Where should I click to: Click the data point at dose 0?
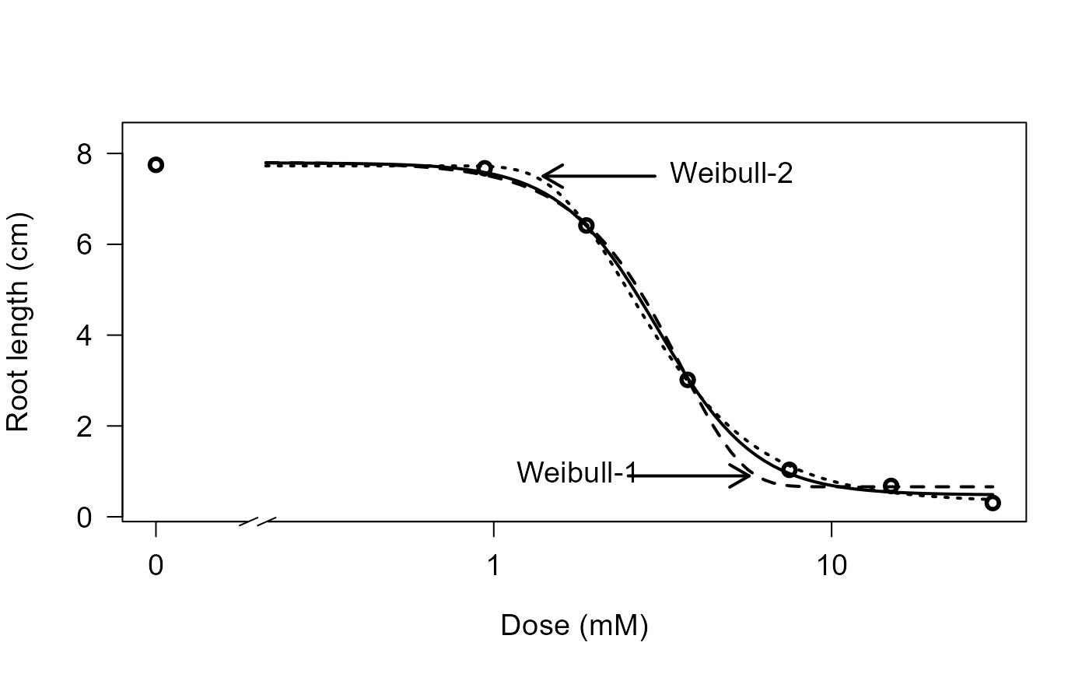tap(156, 165)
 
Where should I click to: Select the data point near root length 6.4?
tap(587, 226)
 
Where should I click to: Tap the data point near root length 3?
tap(688, 380)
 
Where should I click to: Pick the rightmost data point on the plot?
tap(993, 503)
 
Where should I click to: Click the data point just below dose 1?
tap(485, 168)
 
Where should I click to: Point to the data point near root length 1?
tap(790, 469)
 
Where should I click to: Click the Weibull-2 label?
tap(731, 174)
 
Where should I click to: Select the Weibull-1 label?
tap(576, 472)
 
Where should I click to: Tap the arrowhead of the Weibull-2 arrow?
tap(544, 175)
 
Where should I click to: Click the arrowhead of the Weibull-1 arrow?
tap(748, 475)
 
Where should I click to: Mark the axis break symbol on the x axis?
tap(258, 521)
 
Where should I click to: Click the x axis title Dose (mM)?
tap(574, 626)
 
